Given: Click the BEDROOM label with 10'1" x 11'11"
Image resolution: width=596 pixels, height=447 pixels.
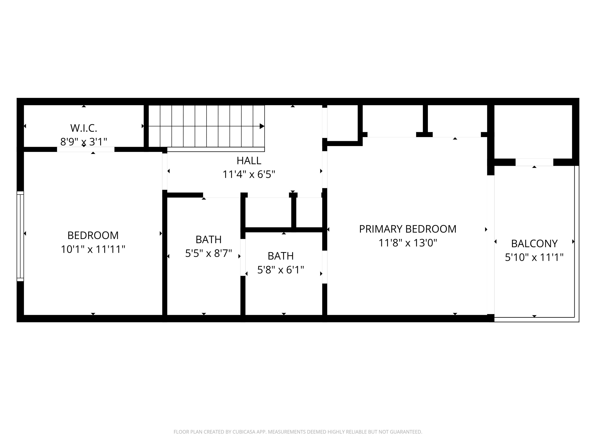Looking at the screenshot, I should tap(93, 235).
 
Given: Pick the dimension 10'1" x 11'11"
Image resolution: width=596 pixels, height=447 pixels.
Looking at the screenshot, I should tap(93, 249).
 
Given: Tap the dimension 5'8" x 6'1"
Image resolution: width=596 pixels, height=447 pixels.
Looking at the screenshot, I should tap(281, 270).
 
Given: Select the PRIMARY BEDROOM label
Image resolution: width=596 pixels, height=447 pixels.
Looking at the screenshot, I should tap(407, 229).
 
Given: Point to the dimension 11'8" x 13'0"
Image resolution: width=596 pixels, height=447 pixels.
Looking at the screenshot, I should tap(407, 243).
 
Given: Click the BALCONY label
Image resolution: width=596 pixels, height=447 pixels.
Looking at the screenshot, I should tap(534, 244).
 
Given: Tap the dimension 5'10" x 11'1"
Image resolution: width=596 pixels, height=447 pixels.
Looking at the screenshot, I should tap(534, 257).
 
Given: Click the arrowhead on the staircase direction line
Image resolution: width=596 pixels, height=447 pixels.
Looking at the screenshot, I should tap(262, 126).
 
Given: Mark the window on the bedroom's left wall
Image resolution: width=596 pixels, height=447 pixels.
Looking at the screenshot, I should tap(20, 236).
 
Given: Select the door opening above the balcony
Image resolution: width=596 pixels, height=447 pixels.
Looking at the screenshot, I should tap(534, 162).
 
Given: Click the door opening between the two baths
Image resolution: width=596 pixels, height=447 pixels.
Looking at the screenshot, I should tap(243, 257).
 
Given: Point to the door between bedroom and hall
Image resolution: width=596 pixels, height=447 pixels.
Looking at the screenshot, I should tap(165, 171).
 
